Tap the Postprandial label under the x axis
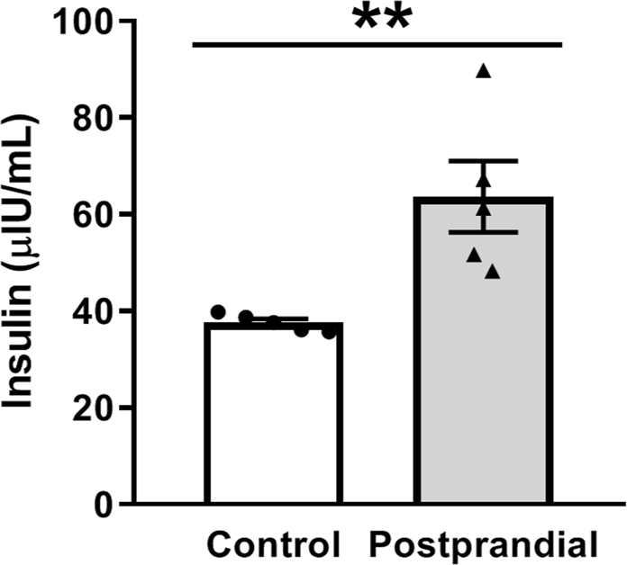(x=484, y=544)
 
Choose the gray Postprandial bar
(x=483, y=360)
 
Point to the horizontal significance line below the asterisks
(x=377, y=43)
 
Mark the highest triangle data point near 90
(x=484, y=72)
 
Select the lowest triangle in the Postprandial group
(x=492, y=272)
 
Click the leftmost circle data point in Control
(x=217, y=312)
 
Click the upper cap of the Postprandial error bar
(x=484, y=161)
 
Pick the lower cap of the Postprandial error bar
(x=484, y=232)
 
